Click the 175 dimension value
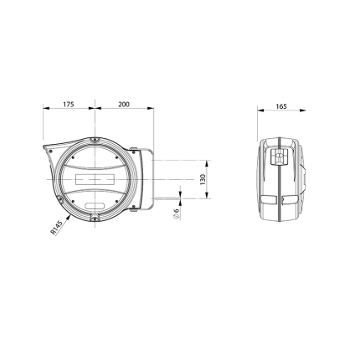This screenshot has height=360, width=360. pyautogui.click(x=69, y=105)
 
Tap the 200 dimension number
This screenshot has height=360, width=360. pyautogui.click(x=124, y=105)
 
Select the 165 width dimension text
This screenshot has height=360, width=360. pyautogui.click(x=281, y=106)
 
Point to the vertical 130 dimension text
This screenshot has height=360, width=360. pyautogui.click(x=203, y=179)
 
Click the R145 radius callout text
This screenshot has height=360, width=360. pyautogui.click(x=56, y=228)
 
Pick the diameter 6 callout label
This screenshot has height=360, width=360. pyautogui.click(x=176, y=214)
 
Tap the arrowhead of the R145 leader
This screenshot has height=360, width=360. pyautogui.click(x=68, y=217)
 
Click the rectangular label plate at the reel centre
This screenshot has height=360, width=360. pyautogui.click(x=95, y=179)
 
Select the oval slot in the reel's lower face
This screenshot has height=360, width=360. pyautogui.click(x=95, y=206)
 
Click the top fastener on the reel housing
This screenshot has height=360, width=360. pyautogui.click(x=95, y=141)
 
